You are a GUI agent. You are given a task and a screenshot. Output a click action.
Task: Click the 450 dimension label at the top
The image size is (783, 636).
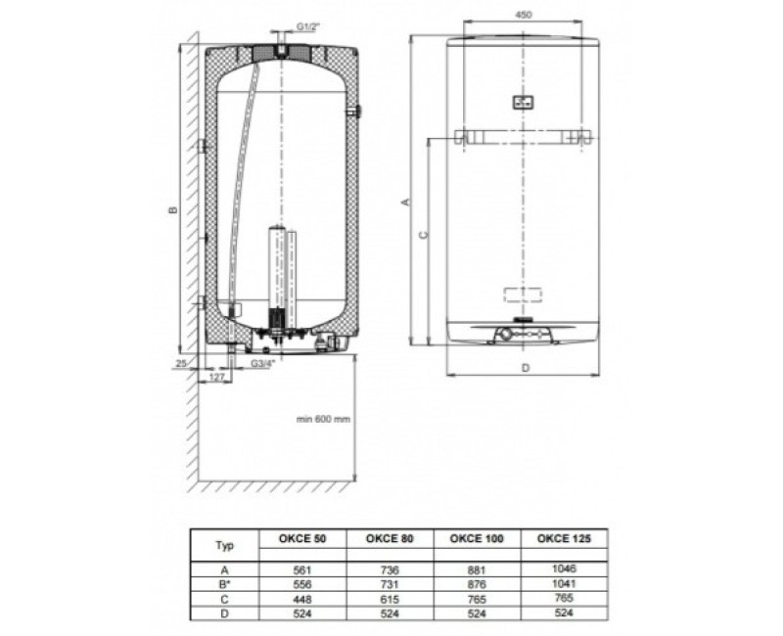[x=523, y=15]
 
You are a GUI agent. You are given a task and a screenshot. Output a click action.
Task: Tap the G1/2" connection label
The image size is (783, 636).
[x=308, y=26]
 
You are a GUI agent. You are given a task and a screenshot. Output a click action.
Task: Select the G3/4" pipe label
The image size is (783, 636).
[x=263, y=364]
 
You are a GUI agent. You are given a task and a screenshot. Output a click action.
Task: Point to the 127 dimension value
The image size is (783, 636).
[x=216, y=378]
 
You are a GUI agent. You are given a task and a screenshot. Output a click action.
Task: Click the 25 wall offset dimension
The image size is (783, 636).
[x=181, y=363]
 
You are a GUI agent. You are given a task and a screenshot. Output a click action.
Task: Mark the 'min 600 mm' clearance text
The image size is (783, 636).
[x=323, y=420]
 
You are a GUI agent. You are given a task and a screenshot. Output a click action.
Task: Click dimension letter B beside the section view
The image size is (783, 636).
[x=173, y=209]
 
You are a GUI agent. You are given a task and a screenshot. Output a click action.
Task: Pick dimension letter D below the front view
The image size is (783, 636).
[x=526, y=368]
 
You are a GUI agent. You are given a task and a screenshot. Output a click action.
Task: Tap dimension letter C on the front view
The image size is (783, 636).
[x=424, y=234]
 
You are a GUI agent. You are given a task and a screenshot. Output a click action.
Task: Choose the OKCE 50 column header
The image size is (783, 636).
[x=302, y=538]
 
